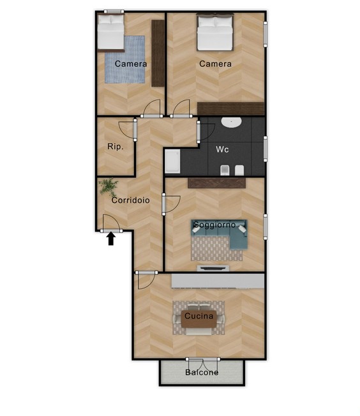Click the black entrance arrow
pyautogui.click(x=111, y=239)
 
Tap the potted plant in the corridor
pyautogui.click(x=109, y=186)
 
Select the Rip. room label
pyautogui.click(x=116, y=147)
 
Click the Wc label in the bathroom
pyautogui.click(x=222, y=149)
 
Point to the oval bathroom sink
pyautogui.click(x=232, y=122)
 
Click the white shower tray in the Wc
pyautogui.click(x=172, y=161)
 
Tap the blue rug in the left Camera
pyautogui.click(x=124, y=60)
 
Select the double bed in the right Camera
pyautogui.click(x=215, y=32)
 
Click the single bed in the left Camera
pyautogui.click(x=110, y=33)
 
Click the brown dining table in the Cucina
pyautogui.click(x=199, y=319)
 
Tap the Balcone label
pyautogui.click(x=202, y=373)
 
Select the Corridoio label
pyautogui.click(x=130, y=200)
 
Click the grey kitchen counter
pyautogui.click(x=218, y=281)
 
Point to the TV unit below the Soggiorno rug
pyautogui.click(x=213, y=268)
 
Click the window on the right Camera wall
pyautogui.click(x=266, y=34)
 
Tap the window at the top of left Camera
pyautogui.click(x=114, y=11)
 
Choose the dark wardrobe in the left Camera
pyautogui.click(x=158, y=53)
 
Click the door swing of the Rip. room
pyautogui.click(x=126, y=130)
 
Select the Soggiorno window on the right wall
pyautogui.click(x=266, y=227)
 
